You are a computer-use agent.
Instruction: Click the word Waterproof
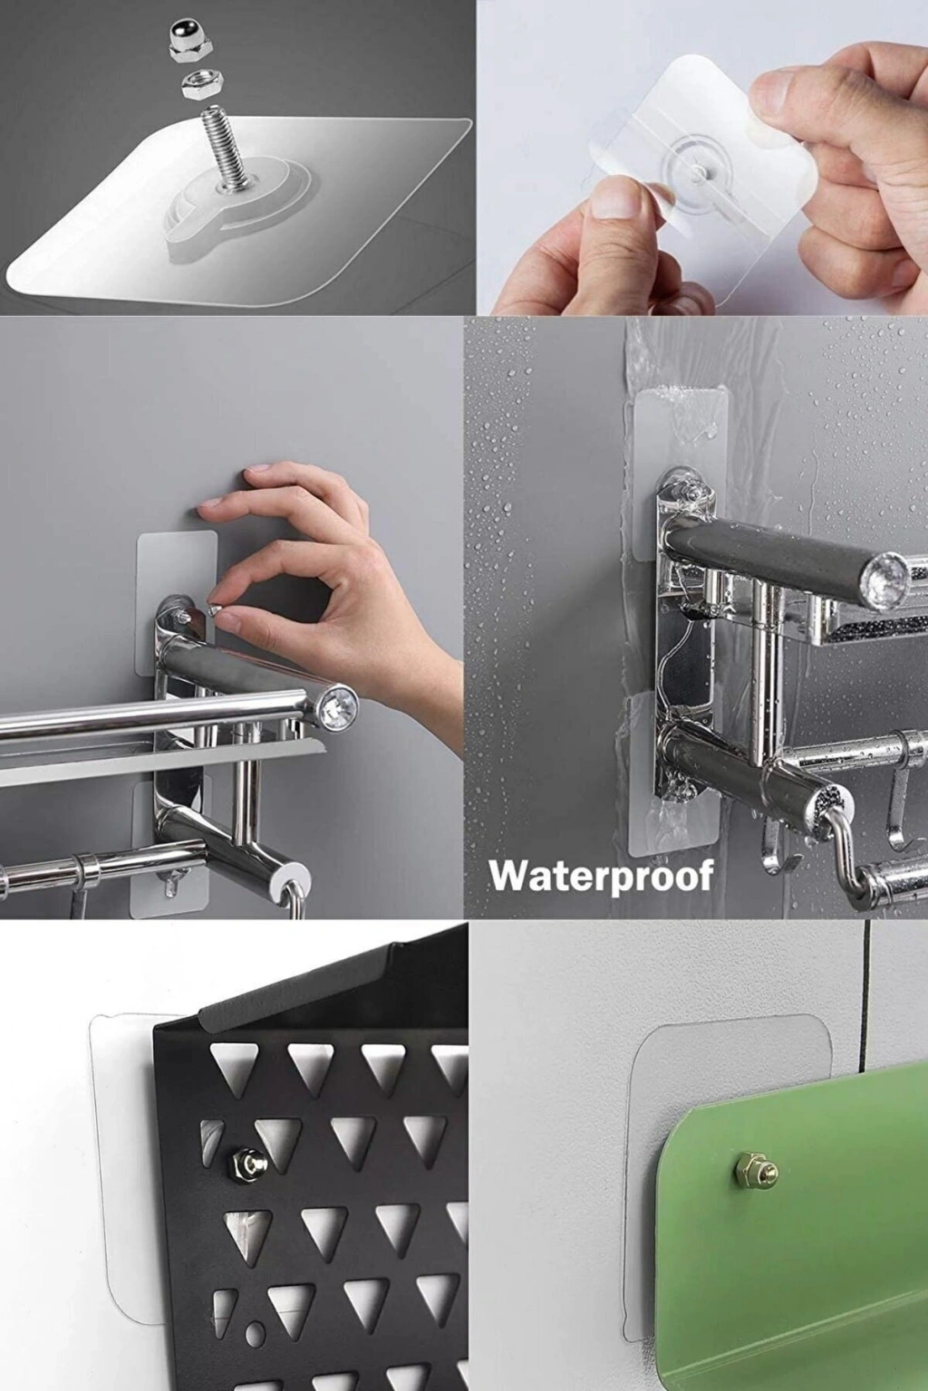pos(601,877)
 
